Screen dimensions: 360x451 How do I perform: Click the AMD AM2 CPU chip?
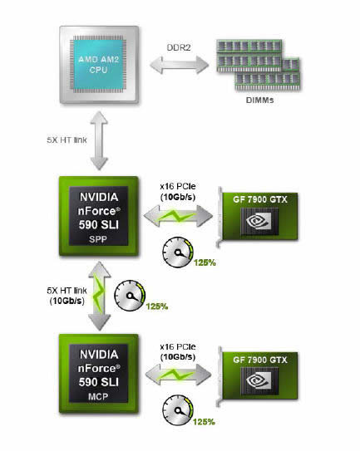[x=99, y=65]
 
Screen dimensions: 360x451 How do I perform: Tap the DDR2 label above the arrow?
[x=179, y=47]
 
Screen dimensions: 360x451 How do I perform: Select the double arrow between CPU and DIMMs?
[x=179, y=65]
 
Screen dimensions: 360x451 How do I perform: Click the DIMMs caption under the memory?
[x=259, y=100]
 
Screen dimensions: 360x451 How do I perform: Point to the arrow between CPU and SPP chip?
[x=99, y=140]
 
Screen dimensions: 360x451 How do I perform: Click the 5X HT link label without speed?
[x=67, y=140]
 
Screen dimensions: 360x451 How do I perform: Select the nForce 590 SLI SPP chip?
[x=99, y=216]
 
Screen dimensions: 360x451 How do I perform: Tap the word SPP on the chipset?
[x=98, y=239]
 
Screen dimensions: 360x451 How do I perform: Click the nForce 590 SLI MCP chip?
[x=99, y=374]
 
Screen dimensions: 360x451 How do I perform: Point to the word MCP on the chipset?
[x=98, y=397]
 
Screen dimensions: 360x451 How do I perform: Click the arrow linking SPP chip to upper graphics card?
[x=178, y=216]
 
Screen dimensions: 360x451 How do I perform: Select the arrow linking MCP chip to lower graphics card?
[x=178, y=375]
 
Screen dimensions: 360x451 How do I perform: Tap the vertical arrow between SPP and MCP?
[x=100, y=296]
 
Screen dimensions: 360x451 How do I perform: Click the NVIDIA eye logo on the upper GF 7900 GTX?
[x=259, y=221]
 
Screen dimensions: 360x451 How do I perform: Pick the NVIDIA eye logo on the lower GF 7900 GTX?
[x=259, y=380]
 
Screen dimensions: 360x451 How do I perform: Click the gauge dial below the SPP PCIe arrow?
[x=178, y=252]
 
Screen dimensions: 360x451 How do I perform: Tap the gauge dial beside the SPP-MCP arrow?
[x=130, y=296]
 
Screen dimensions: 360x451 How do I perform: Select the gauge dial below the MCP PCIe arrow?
[x=178, y=410]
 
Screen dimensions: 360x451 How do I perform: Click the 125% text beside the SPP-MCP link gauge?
[x=157, y=306]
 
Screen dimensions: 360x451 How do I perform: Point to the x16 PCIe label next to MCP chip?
[x=178, y=347]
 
